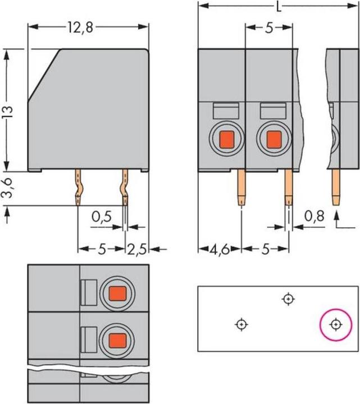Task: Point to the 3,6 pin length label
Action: click(x=7, y=189)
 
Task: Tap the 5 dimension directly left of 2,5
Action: click(x=101, y=249)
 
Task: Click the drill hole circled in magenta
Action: click(x=335, y=324)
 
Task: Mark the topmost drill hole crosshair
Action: click(x=288, y=299)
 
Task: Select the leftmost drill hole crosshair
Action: click(x=241, y=324)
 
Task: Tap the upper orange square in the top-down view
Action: click(x=117, y=293)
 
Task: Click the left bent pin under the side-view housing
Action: click(x=78, y=188)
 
